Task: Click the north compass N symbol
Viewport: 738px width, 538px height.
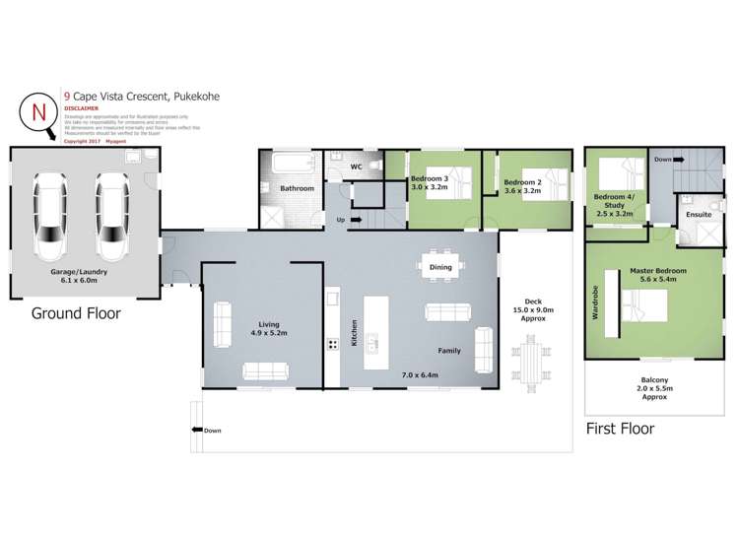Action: (x=38, y=110)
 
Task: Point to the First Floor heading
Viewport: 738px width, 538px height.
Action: (x=620, y=429)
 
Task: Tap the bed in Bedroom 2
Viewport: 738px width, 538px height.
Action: (x=553, y=183)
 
